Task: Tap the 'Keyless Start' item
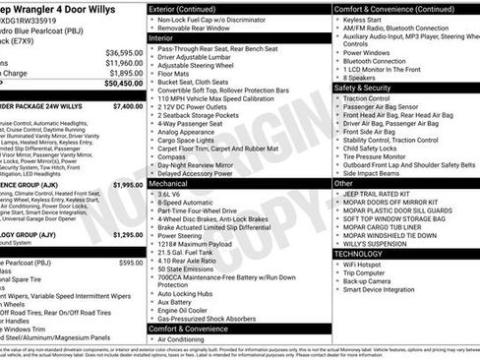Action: (365, 19)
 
